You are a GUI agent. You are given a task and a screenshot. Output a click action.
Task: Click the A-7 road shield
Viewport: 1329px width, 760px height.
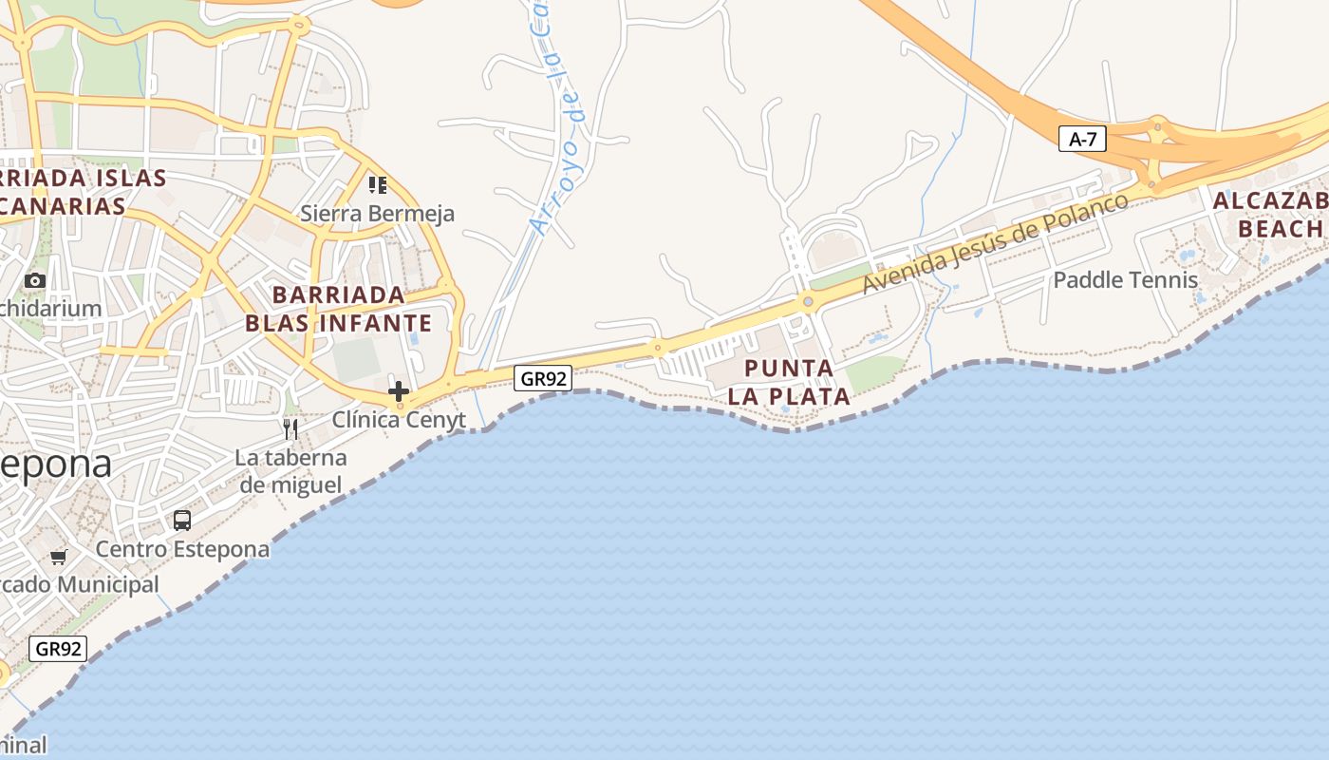coord(1082,140)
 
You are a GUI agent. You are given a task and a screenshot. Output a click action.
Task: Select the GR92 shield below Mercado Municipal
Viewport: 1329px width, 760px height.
coord(59,649)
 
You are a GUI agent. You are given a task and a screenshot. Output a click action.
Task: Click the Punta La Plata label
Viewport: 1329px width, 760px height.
coord(789,382)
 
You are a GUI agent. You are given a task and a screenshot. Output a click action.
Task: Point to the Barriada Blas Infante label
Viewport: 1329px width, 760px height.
coord(338,309)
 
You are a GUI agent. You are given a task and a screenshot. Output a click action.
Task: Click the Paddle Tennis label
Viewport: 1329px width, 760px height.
coord(1125,280)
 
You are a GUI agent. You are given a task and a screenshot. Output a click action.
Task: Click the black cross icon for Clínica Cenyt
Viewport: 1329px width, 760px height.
coord(399,390)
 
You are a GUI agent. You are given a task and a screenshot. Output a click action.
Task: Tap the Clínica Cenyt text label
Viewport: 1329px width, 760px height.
coord(399,419)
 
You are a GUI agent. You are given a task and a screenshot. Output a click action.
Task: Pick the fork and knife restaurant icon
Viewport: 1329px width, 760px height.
coord(290,428)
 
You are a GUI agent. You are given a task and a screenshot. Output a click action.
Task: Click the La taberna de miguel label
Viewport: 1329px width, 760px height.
coord(290,471)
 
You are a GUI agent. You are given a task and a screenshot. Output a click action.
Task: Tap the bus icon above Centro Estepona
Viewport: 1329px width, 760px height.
coord(181,521)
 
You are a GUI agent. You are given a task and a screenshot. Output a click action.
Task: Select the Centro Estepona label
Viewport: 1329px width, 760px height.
coord(182,549)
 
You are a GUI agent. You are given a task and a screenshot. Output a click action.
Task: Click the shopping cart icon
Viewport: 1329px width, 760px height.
coord(59,557)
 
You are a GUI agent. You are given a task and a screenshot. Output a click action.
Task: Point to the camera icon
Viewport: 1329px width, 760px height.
coord(35,280)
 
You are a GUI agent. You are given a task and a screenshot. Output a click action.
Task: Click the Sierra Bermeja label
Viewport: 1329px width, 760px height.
coord(377,214)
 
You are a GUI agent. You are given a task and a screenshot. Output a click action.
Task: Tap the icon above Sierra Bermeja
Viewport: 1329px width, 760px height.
coord(378,184)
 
